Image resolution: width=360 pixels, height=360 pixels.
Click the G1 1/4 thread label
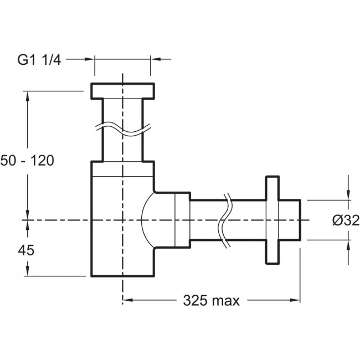39,60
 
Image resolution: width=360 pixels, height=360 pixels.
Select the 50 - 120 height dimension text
27,161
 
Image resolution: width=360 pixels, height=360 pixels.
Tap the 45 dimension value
26,250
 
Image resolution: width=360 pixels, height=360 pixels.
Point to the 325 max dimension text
211,300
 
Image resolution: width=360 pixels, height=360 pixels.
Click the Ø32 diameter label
346,220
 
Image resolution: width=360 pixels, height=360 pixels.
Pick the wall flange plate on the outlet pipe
272,220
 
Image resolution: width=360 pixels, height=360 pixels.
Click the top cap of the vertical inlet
122,91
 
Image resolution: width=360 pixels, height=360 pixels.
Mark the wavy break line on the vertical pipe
123,129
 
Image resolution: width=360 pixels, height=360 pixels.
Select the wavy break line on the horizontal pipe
224,220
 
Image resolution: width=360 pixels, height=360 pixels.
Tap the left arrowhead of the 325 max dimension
127,300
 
